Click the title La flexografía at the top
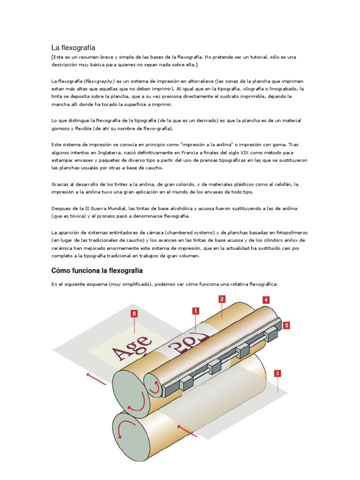click(x=73, y=47)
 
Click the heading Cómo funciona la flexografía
click(x=97, y=271)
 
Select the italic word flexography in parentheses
click(x=99, y=81)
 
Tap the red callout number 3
click(x=278, y=374)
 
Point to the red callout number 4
click(x=266, y=300)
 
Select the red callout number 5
click(x=286, y=324)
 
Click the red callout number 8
click(x=135, y=313)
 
